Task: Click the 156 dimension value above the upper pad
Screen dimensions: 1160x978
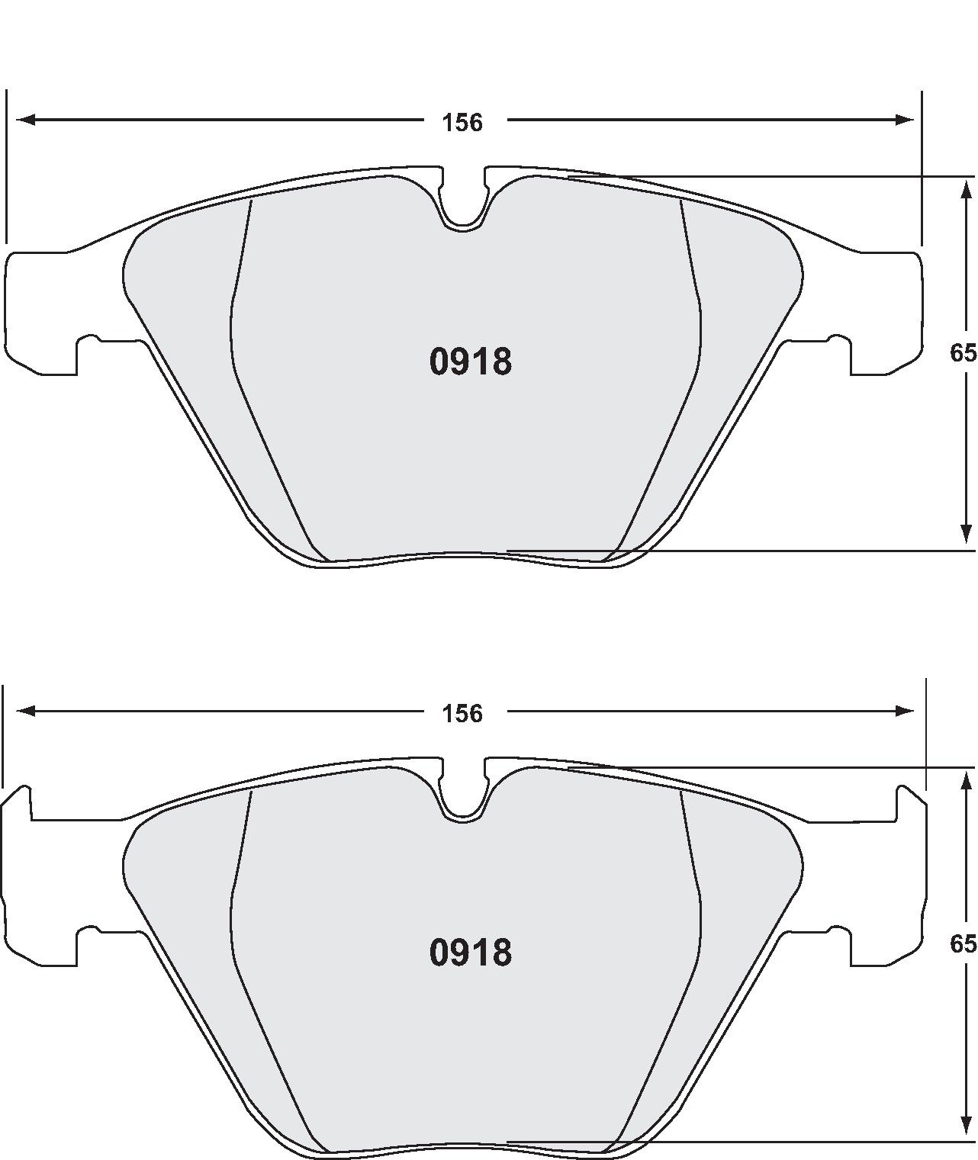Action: tap(463, 122)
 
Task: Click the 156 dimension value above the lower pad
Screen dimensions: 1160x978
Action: tap(463, 713)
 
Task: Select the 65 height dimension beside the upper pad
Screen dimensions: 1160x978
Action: tap(964, 353)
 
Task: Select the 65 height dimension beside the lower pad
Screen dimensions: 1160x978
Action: tap(964, 944)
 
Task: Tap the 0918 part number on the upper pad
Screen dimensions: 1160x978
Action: tap(471, 362)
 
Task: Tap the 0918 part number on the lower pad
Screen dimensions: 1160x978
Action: tap(471, 953)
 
